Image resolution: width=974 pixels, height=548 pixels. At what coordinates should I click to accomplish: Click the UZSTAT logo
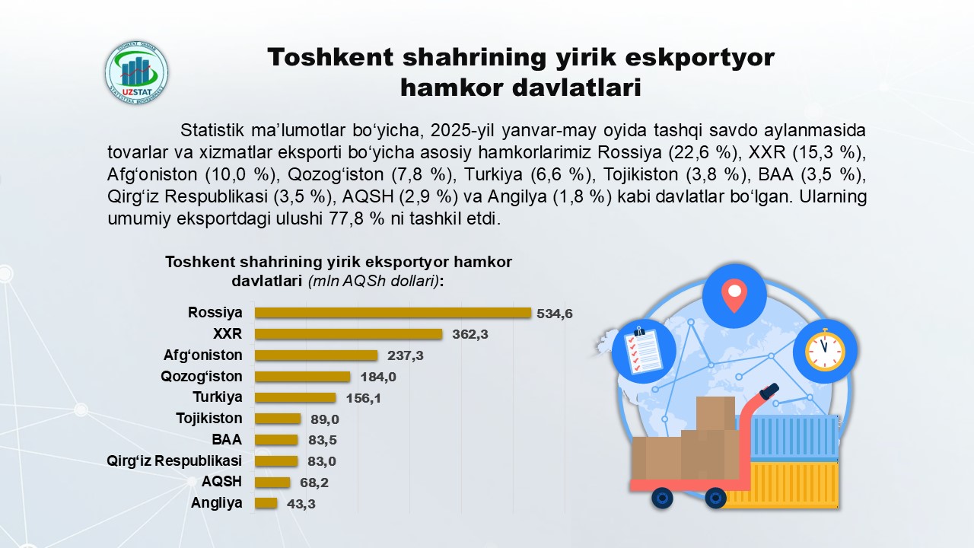[136, 72]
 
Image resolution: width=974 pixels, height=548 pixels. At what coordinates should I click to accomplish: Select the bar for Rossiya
[393, 313]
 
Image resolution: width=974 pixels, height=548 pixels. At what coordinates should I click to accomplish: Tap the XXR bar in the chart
[349, 334]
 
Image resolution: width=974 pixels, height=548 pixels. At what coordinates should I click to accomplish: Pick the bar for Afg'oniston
[316, 355]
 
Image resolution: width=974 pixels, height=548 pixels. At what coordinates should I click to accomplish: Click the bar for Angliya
[266, 503]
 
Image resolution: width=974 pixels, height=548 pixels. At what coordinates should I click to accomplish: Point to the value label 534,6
[555, 314]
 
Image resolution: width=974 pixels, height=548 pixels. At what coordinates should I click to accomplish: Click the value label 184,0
[378, 377]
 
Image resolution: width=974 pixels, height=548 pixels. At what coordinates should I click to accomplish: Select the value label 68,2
[314, 483]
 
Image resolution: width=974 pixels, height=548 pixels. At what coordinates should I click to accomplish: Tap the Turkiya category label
[218, 397]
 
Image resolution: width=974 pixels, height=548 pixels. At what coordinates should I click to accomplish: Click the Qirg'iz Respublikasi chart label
[174, 460]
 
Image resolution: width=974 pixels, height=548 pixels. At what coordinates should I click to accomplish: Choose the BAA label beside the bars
[227, 439]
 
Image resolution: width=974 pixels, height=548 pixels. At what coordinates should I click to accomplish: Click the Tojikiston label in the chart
[209, 419]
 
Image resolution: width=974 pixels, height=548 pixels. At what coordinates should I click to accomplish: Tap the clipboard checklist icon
[643, 351]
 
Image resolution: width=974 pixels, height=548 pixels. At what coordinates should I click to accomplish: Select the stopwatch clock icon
[825, 349]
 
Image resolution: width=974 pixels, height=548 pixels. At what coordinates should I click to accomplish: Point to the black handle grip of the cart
[769, 390]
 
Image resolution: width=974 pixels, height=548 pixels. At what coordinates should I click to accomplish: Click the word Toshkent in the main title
[330, 57]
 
